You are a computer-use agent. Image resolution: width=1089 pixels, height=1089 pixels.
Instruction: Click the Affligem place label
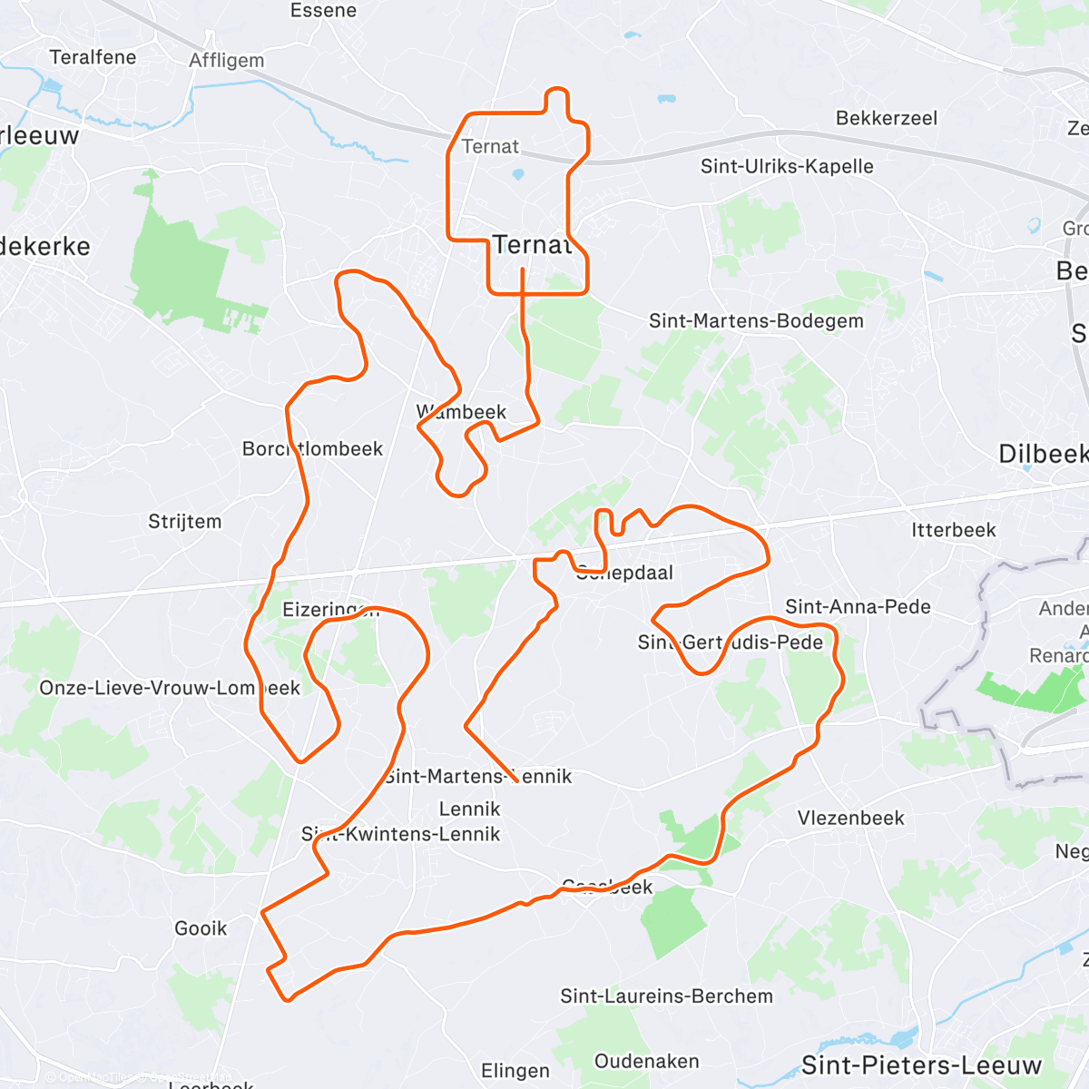(227, 61)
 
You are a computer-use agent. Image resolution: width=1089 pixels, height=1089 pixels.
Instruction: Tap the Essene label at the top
(323, 11)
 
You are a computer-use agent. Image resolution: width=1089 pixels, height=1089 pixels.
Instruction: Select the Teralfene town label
(93, 57)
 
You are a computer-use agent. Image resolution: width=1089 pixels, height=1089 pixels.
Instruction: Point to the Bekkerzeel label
(886, 118)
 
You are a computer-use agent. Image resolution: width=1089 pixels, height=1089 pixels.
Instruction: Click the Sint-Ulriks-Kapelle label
(787, 166)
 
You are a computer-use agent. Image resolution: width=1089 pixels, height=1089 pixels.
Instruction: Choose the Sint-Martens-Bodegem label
(756, 320)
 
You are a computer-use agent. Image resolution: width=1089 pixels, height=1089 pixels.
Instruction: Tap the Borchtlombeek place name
(312, 448)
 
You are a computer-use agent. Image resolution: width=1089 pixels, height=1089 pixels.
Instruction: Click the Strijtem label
(184, 521)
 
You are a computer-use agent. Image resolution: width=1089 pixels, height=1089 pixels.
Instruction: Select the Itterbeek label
(953, 530)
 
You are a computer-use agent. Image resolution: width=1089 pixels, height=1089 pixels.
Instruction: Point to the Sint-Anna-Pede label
(858, 606)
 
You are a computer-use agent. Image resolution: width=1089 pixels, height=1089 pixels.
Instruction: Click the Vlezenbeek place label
(850, 818)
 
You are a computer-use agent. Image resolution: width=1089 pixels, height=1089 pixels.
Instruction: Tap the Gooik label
(201, 927)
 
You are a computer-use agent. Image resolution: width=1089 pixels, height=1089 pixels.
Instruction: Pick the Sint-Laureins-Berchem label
(666, 996)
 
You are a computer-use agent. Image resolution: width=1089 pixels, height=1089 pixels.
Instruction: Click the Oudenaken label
(646, 1061)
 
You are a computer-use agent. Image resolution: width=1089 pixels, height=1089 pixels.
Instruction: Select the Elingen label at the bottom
(515, 1071)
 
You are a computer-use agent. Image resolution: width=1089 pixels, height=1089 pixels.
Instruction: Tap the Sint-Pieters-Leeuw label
(920, 1064)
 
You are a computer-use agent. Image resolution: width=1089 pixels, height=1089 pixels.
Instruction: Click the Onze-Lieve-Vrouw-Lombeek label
(169, 688)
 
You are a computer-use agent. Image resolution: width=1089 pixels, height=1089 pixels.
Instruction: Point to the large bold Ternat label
(532, 244)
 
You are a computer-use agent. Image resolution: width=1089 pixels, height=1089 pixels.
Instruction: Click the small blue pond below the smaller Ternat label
(518, 173)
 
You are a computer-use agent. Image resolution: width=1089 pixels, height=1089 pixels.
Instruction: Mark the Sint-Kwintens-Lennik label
(400, 833)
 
